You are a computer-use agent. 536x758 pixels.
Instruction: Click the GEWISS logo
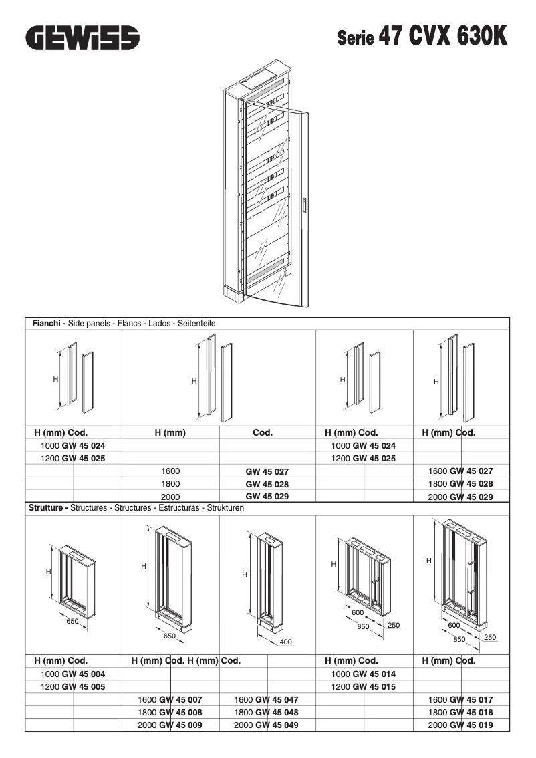coord(83,37)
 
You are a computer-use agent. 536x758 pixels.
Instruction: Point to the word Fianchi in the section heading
coord(48,324)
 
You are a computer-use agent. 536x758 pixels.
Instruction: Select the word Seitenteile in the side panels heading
coord(196,324)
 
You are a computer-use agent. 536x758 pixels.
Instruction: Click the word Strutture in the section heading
coord(48,508)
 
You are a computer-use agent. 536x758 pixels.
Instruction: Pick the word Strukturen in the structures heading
coord(225,508)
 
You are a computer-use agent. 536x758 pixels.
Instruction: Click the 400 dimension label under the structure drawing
coord(285,642)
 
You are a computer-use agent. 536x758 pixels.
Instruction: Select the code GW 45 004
coord(83,674)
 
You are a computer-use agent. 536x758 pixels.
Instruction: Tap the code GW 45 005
coord(83,686)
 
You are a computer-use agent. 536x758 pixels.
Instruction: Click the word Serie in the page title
coord(356,39)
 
